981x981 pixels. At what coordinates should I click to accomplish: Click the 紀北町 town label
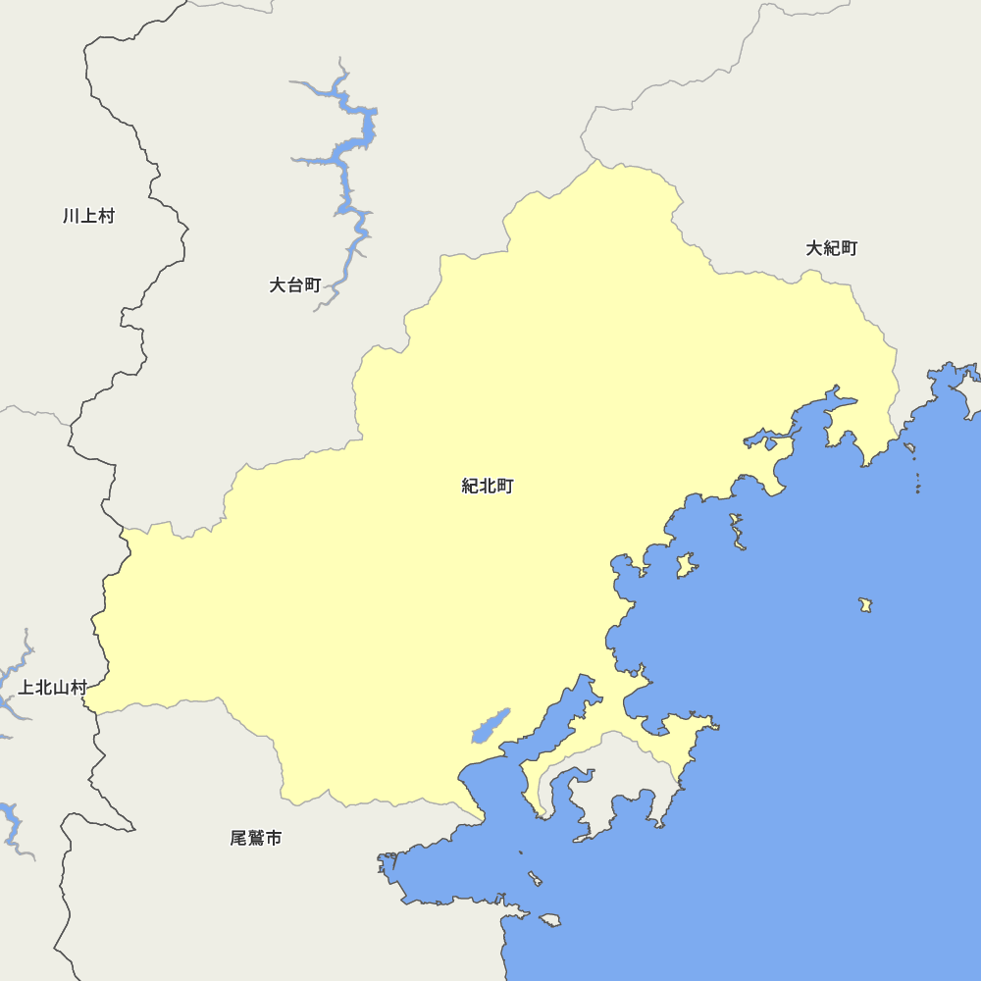(488, 486)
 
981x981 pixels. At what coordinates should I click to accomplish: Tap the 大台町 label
(295, 285)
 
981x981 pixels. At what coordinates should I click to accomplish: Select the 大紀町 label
(832, 248)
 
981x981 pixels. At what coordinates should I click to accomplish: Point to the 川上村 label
(88, 216)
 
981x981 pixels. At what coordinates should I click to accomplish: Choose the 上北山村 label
(53, 688)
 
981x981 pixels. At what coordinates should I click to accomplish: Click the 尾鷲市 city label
(256, 839)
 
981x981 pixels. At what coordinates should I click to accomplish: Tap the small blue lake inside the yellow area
(490, 727)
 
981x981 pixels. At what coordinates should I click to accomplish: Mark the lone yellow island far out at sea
(865, 604)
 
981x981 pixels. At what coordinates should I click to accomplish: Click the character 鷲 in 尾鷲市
(256, 839)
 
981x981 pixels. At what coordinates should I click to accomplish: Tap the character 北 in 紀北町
(488, 486)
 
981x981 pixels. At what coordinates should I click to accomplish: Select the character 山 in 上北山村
(62, 688)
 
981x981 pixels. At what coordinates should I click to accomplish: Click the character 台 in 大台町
(295, 285)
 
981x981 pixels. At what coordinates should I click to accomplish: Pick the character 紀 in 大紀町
(832, 248)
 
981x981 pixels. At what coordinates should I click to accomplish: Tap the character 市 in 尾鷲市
(274, 839)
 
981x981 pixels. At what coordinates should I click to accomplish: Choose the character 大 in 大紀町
(814, 248)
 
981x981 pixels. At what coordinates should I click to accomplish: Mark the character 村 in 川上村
(106, 216)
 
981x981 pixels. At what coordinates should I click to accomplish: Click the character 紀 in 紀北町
(470, 486)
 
